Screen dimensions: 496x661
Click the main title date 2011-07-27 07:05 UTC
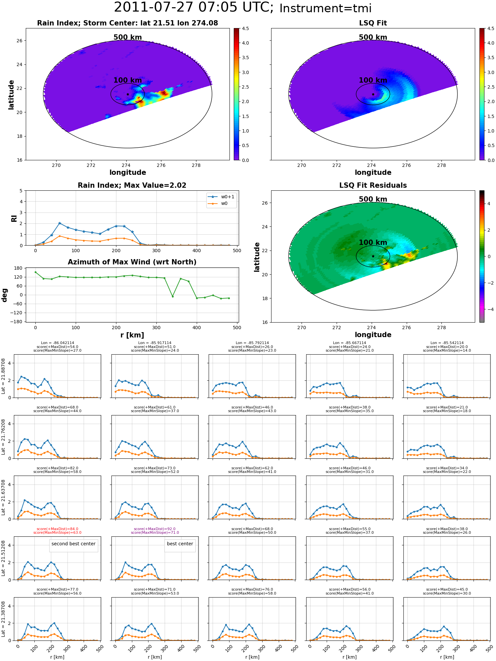pos(194,8)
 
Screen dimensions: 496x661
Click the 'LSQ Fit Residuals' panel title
pos(373,185)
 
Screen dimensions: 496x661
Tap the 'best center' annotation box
pos(180,544)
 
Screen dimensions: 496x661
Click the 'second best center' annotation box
pos(73,544)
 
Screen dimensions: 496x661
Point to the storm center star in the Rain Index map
pos(128,94)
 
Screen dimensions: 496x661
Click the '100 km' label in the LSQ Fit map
pos(373,80)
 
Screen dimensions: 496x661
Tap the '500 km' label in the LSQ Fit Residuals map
pos(373,199)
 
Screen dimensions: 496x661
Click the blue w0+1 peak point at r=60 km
pos(60,223)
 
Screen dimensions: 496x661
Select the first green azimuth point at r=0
pos(35,272)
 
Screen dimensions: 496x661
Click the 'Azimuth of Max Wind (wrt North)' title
pos(132,262)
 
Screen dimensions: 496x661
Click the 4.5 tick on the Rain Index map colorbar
pos(245,28)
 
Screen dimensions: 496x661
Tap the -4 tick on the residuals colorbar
pos(491,309)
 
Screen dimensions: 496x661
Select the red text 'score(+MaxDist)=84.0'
pos(57,529)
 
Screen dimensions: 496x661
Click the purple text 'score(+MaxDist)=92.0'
pos(155,529)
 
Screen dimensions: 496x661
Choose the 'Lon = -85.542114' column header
pos(447,343)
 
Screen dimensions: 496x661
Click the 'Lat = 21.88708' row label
pos(3,376)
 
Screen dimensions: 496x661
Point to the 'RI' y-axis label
pos(14,218)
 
